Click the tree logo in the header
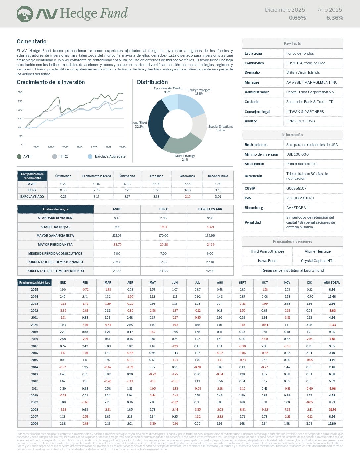coord(25,14)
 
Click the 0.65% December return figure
coord(297,18)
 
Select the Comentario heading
coord(31,41)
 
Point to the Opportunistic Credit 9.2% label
coord(167,90)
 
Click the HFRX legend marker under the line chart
coord(55,156)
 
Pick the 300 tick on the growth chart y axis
coord(20,92)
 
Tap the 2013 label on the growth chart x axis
coord(79,147)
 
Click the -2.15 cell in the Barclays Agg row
coord(187,196)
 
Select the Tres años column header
coord(156,176)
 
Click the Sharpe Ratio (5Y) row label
coord(55,227)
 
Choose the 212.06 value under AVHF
coord(117,236)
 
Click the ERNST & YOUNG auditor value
coord(300,121)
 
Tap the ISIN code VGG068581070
coord(300,198)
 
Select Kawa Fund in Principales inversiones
coord(267,261)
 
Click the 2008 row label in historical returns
coord(34,409)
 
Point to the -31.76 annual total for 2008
coord(332,409)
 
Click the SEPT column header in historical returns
coord(242,282)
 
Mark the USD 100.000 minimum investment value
coord(297,154)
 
